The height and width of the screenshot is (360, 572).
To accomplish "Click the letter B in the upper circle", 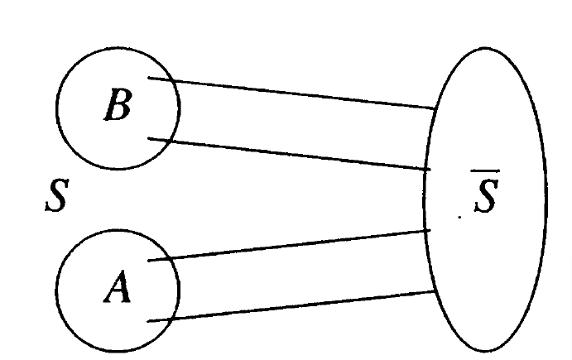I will coord(118,107).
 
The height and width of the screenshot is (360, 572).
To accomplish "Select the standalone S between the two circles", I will coord(55,199).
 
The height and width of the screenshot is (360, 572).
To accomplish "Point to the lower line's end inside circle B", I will coord(149,139).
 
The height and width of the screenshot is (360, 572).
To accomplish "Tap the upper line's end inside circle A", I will coord(150,261).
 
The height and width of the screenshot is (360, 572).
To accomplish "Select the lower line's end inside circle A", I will coord(148,320).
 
